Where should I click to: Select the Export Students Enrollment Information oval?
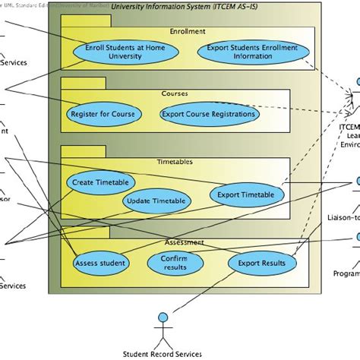pyautogui.click(x=254, y=52)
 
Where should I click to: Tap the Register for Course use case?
pyautogui.click(x=103, y=115)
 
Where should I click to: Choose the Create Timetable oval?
pyautogui.click(x=101, y=182)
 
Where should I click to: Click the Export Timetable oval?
pyautogui.click(x=246, y=194)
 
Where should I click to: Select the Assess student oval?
pyautogui.click(x=100, y=264)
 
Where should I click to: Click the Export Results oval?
pyautogui.click(x=261, y=263)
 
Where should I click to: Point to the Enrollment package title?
pyautogui.click(x=188, y=32)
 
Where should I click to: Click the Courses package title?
pyautogui.click(x=175, y=94)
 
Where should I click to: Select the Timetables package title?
pyautogui.click(x=180, y=162)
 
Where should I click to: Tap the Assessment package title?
pyautogui.click(x=184, y=243)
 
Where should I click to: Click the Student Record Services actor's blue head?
pyautogui.click(x=162, y=316)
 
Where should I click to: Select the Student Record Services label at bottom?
pyautogui.click(x=162, y=353)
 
